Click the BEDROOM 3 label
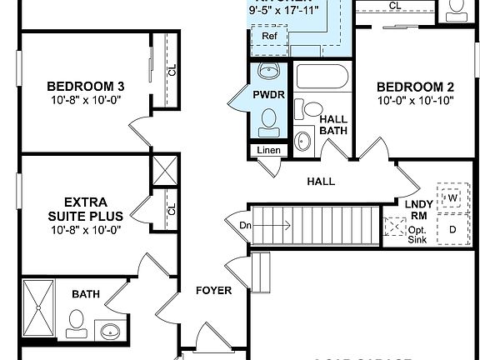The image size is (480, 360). pyautogui.click(x=86, y=86)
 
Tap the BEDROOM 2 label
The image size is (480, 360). pyautogui.click(x=415, y=87)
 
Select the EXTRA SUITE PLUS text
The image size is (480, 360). pyautogui.click(x=86, y=208)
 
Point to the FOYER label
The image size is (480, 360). pyautogui.click(x=213, y=290)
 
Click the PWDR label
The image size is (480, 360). pyautogui.click(x=268, y=96)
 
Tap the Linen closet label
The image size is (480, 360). pyautogui.click(x=268, y=151)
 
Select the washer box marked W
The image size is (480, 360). pyautogui.click(x=453, y=198)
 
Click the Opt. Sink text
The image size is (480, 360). pyautogui.click(x=417, y=234)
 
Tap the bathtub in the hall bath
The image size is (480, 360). pyautogui.click(x=323, y=78)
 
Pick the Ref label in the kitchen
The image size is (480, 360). pyautogui.click(x=269, y=37)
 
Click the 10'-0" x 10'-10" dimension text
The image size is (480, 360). pyautogui.click(x=415, y=101)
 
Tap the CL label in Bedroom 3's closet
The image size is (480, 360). pyautogui.click(x=172, y=70)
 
